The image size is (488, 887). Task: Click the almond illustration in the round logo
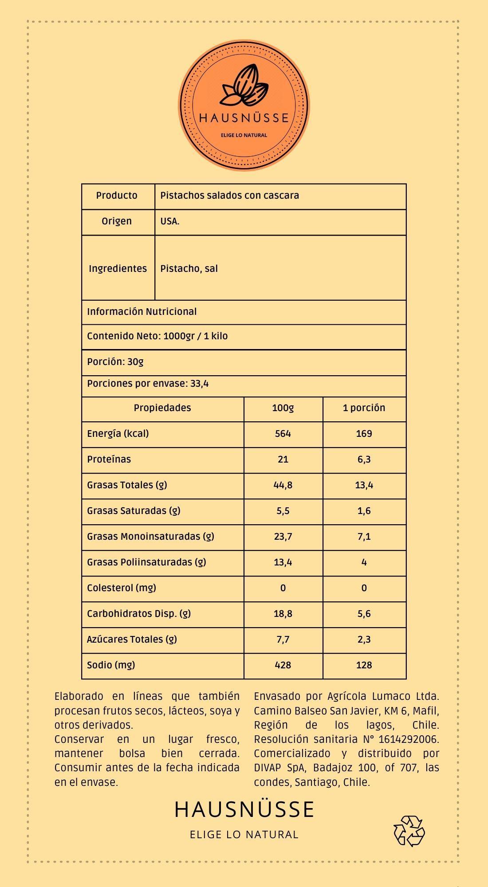click(245, 86)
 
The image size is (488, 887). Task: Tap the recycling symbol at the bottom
click(409, 830)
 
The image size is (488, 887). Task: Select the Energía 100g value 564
click(283, 434)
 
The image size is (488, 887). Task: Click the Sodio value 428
click(283, 665)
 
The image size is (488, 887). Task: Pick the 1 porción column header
click(364, 408)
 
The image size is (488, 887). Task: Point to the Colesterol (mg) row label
click(122, 588)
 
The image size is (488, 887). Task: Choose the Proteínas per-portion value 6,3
click(364, 459)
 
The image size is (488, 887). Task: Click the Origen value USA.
click(170, 221)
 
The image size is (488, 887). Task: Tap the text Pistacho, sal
click(189, 269)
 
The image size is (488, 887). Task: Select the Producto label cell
click(117, 196)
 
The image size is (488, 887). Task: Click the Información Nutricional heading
click(142, 312)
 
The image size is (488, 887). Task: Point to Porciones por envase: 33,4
click(148, 384)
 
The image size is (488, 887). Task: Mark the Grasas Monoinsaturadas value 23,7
click(283, 537)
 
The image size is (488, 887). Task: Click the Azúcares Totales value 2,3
click(364, 640)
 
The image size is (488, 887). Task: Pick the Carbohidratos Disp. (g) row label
click(139, 614)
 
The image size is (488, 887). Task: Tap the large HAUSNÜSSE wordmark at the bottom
click(244, 809)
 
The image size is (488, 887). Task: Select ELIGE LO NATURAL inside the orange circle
click(244, 135)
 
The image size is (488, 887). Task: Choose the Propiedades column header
click(162, 408)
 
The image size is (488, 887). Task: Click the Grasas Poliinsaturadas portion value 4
click(364, 562)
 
